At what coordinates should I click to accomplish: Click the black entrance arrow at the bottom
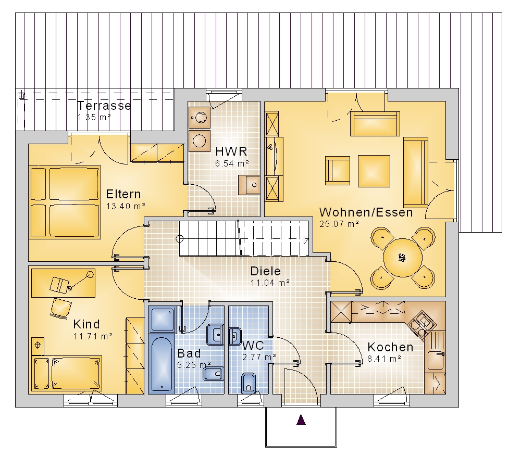[x=301, y=419]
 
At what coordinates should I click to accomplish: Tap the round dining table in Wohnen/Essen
[x=403, y=258]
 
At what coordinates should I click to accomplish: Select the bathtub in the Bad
[x=162, y=363]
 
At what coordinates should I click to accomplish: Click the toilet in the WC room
[x=248, y=383]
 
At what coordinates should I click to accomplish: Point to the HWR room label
[x=231, y=151]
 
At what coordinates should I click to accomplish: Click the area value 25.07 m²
[x=339, y=224]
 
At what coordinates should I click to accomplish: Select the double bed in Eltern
[x=65, y=202]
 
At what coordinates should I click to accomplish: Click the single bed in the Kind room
[x=67, y=373]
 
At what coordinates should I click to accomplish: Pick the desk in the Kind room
[x=63, y=283]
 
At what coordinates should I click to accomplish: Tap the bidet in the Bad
[x=213, y=374]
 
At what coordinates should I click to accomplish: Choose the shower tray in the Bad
[x=162, y=319]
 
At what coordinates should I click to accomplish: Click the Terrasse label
[x=104, y=106]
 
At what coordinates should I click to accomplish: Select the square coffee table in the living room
[x=374, y=171]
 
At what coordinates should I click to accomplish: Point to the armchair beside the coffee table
[x=337, y=171]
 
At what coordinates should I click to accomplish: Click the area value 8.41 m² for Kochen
[x=384, y=359]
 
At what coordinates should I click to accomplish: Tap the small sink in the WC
[x=235, y=336]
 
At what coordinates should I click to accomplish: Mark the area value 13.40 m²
[x=126, y=206]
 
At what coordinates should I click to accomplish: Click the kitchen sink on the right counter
[x=436, y=361]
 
